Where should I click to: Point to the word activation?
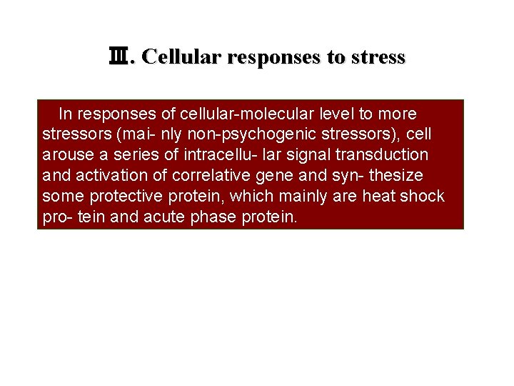tap(105, 175)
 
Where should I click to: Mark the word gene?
tap(278, 175)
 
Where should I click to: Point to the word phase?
tap(213, 217)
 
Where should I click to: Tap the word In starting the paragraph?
tap(66, 114)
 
